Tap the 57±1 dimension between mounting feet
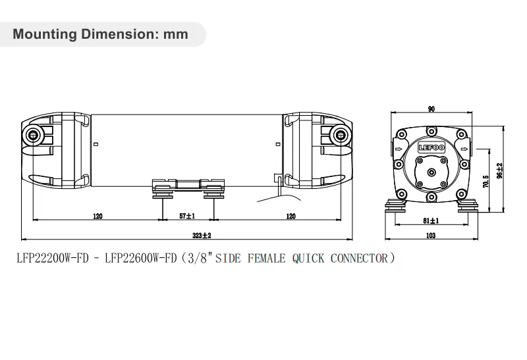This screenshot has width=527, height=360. [x=188, y=216]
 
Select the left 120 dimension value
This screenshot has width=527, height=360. [x=97, y=216]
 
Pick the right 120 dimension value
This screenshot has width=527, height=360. [x=290, y=216]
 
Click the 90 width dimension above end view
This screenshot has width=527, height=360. [x=431, y=111]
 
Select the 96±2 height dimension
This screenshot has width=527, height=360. [x=499, y=171]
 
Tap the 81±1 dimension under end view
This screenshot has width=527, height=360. [x=431, y=221]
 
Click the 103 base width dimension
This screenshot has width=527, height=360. [x=431, y=235]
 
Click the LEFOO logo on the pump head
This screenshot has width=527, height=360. [x=431, y=148]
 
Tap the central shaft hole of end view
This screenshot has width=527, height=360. [x=431, y=172]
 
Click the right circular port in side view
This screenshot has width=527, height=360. [x=341, y=136]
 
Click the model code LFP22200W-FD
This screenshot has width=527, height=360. [x=53, y=258]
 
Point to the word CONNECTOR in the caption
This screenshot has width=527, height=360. [x=358, y=258]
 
